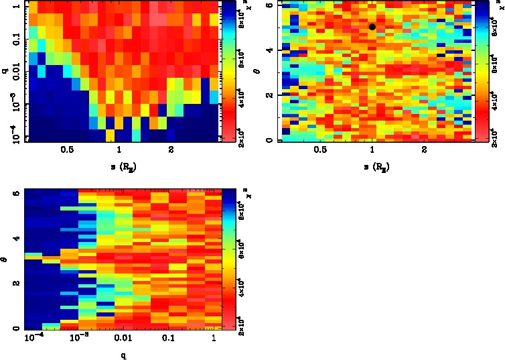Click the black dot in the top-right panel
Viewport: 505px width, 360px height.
pos(372,27)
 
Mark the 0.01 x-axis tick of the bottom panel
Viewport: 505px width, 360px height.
pos(121,339)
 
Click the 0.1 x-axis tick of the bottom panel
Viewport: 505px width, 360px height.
pos(168,339)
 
